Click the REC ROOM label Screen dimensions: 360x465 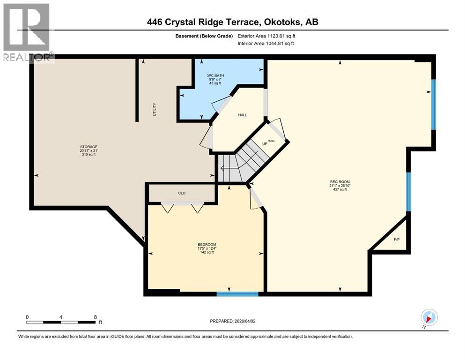tap(340, 182)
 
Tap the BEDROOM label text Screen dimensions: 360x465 tap(207, 244)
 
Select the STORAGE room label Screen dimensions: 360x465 tap(88, 147)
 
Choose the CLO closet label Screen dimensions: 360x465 tap(182, 192)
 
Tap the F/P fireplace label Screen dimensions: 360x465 tap(396, 240)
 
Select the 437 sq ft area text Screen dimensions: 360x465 tap(340, 190)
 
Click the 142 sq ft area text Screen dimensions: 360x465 tap(207, 252)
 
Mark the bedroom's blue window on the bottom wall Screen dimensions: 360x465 tap(237, 294)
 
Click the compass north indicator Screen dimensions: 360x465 tap(429, 318)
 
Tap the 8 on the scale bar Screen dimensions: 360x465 tap(96, 316)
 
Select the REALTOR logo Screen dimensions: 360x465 tap(27, 32)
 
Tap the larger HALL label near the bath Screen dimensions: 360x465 tap(242, 115)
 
